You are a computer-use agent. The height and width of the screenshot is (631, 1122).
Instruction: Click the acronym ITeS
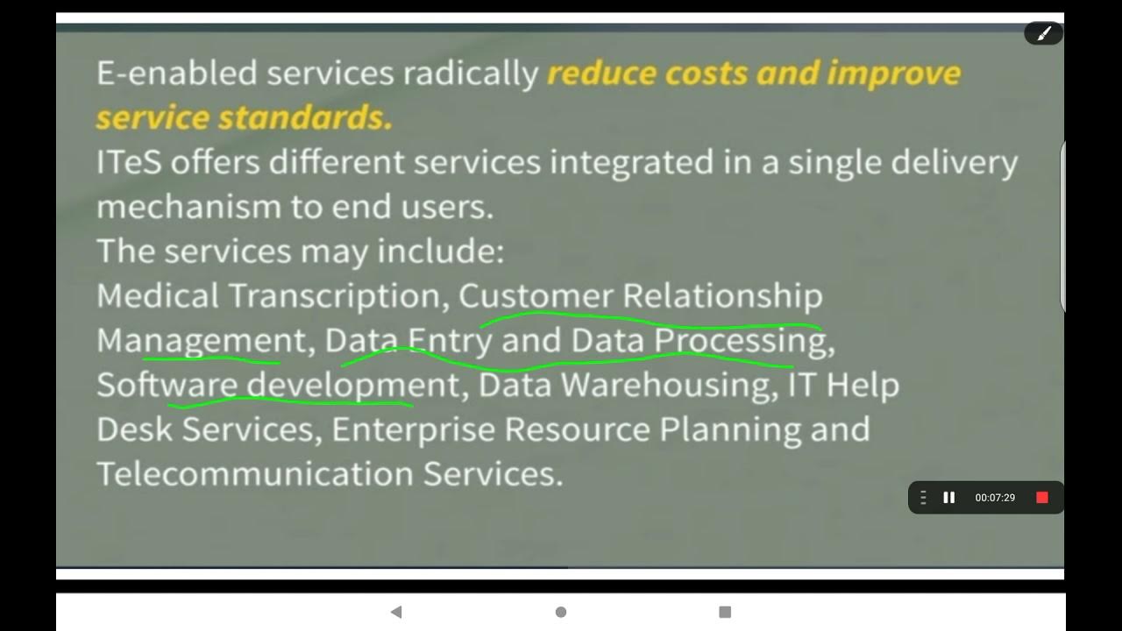(128, 163)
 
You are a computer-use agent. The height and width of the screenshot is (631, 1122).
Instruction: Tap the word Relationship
(722, 296)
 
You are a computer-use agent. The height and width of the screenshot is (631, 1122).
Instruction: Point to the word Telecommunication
(255, 474)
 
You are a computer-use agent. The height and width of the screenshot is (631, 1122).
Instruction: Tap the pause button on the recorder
(948, 498)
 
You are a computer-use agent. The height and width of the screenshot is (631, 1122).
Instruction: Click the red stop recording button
(1042, 498)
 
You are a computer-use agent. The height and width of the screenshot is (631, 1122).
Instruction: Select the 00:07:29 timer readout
(995, 498)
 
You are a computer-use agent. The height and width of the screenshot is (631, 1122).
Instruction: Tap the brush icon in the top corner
(1044, 33)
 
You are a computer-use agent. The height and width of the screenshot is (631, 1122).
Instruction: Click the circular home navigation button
(561, 612)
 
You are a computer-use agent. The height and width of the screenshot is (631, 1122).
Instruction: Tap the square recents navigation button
(725, 612)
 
